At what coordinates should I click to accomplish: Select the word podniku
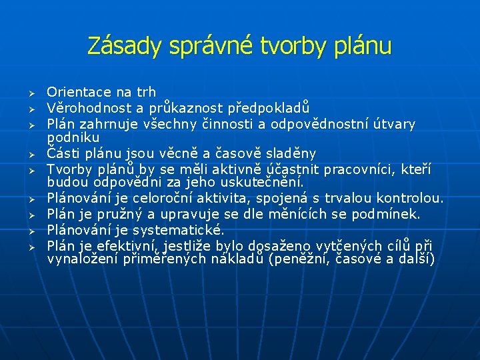(69, 137)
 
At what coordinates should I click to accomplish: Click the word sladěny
(289, 153)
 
